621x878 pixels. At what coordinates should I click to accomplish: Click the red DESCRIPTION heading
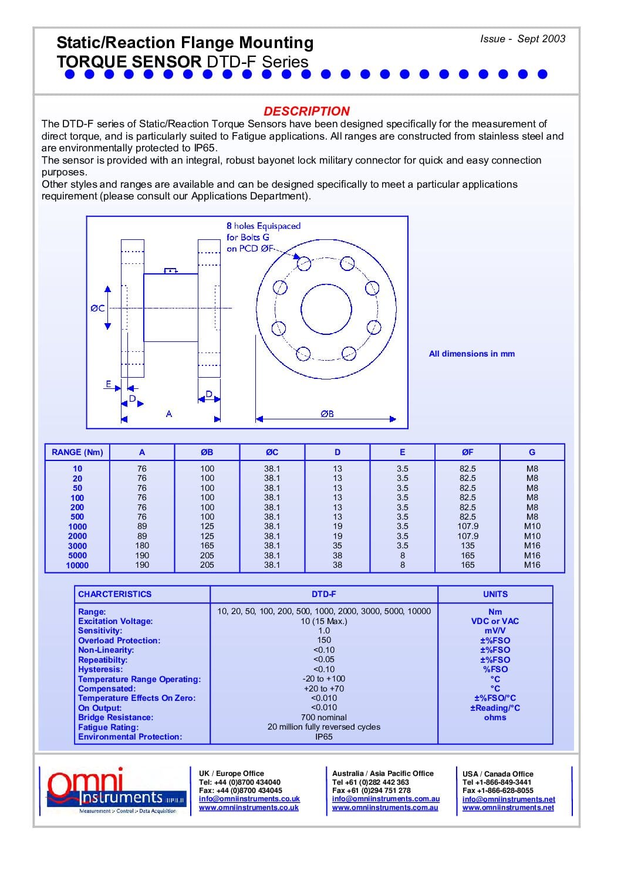pyautogui.click(x=306, y=111)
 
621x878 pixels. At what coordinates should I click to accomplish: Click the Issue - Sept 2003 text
pyautogui.click(x=522, y=39)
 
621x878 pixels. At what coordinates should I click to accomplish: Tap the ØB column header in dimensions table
pyautogui.click(x=207, y=452)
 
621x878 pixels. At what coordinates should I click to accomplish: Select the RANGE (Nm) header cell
pyautogui.click(x=77, y=452)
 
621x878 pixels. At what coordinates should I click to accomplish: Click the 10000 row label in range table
pyautogui.click(x=77, y=565)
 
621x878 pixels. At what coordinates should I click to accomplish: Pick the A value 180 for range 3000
pyautogui.click(x=142, y=545)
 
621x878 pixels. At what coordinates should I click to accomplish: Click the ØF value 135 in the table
pyautogui.click(x=467, y=545)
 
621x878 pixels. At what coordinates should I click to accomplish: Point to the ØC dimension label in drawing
pyautogui.click(x=97, y=308)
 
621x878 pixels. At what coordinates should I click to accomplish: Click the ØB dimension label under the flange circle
pyautogui.click(x=327, y=413)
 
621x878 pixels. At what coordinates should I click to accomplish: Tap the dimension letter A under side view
pyautogui.click(x=169, y=414)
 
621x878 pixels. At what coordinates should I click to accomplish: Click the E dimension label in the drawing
pyautogui.click(x=109, y=384)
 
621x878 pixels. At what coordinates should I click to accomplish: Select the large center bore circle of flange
pyautogui.click(x=326, y=309)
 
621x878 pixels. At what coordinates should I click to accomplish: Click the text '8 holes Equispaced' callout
pyautogui.click(x=264, y=226)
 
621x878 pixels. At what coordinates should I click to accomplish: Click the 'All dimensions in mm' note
pyautogui.click(x=471, y=354)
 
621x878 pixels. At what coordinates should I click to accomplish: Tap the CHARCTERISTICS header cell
pyautogui.click(x=114, y=594)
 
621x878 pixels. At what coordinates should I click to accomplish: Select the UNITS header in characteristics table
pyautogui.click(x=495, y=594)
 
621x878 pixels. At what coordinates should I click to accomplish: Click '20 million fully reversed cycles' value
pyautogui.click(x=323, y=727)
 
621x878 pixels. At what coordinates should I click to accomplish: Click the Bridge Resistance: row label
pyautogui.click(x=116, y=717)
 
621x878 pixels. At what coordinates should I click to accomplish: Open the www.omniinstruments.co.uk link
pyautogui.click(x=249, y=808)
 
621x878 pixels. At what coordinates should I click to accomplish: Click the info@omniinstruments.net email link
pyautogui.click(x=508, y=799)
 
